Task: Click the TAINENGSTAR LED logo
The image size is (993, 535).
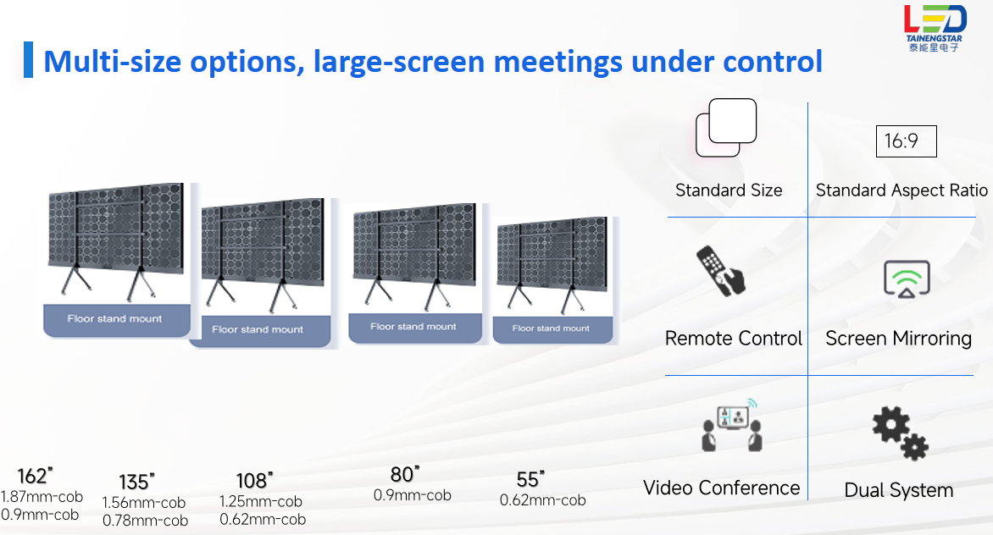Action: [x=935, y=29]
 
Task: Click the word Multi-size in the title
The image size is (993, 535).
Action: [x=112, y=62]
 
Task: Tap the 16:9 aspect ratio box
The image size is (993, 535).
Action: [x=906, y=141]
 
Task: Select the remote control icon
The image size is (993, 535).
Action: [x=721, y=271]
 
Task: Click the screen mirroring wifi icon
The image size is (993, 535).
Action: [x=907, y=279]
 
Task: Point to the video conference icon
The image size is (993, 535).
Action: [x=731, y=425]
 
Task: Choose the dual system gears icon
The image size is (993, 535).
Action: [x=900, y=433]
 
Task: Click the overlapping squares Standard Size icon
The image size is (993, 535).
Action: [x=726, y=128]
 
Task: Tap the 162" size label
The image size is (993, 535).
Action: [x=35, y=476]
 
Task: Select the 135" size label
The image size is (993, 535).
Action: [x=136, y=482]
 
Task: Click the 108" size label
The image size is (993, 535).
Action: [x=254, y=481]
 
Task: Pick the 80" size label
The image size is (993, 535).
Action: [x=405, y=474]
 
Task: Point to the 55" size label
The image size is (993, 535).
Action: [x=530, y=479]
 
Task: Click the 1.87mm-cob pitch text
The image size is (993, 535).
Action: [x=42, y=497]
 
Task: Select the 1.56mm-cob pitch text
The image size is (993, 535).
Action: [x=144, y=503]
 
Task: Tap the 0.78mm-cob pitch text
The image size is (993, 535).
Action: [x=145, y=521]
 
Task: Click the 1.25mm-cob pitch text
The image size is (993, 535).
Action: [x=261, y=501]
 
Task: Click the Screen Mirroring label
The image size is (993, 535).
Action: [x=899, y=339]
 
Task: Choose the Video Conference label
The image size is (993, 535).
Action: [x=721, y=488]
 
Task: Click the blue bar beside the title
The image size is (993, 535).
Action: [x=28, y=59]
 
